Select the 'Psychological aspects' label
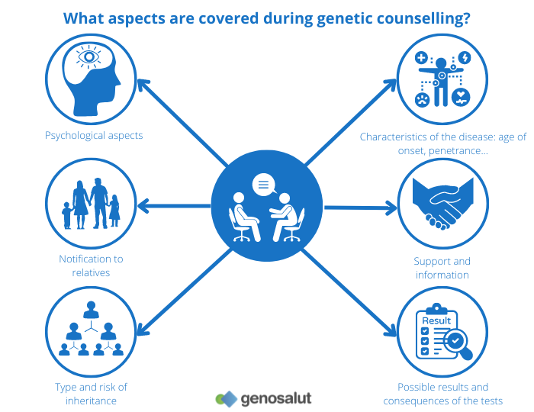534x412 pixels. coord(94,136)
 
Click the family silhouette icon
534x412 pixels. coord(92,204)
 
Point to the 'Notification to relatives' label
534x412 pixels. coord(91,266)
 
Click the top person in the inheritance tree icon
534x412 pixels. coord(92,311)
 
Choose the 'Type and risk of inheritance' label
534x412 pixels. coord(91,394)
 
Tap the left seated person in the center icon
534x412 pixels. coord(242,213)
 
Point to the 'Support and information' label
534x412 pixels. coord(442,268)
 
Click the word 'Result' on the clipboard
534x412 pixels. coord(436,320)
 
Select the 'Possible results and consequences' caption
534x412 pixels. coord(442,394)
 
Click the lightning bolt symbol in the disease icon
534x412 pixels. coord(465,57)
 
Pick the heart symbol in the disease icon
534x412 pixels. coord(461,97)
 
